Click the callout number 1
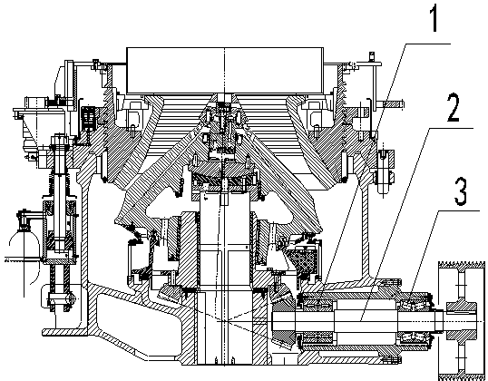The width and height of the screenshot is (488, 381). pos(434,18)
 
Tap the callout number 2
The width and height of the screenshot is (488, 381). pos(453,107)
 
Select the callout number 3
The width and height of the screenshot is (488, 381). pos(461,191)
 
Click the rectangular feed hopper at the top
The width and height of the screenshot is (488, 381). pos(225,70)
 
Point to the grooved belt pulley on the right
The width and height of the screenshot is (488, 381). pos(461,321)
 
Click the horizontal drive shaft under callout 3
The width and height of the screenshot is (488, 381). pos(358,321)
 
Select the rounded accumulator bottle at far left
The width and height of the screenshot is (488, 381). pos(24,249)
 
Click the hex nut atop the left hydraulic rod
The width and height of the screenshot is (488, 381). pos(60,139)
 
